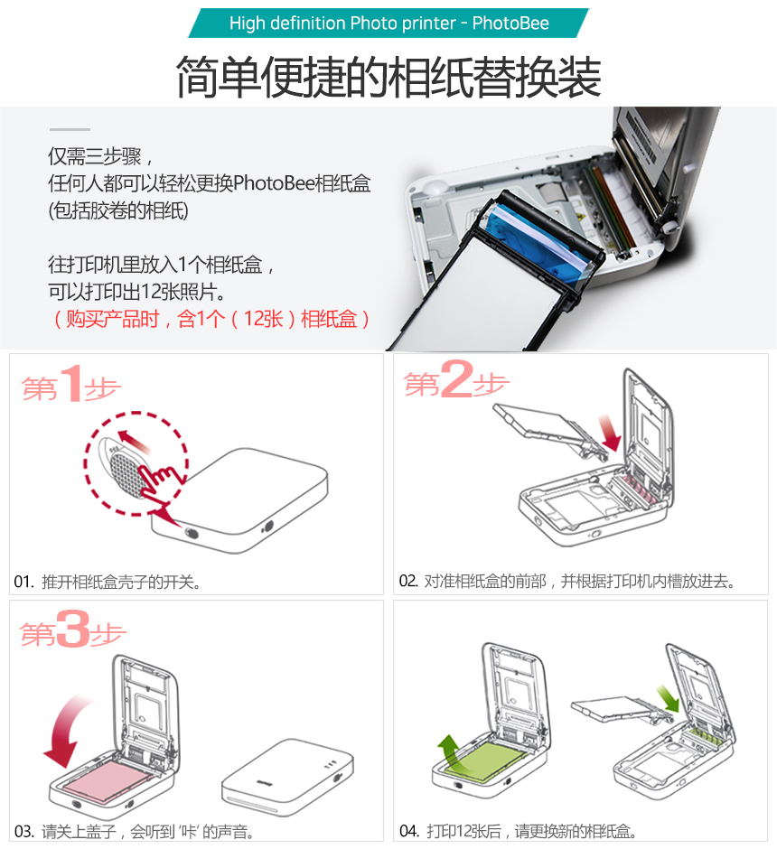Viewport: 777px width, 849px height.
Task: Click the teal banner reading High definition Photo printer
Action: (x=388, y=23)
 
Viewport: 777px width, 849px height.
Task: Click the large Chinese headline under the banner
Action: (x=388, y=77)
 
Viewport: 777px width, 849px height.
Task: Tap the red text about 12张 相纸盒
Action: (x=211, y=318)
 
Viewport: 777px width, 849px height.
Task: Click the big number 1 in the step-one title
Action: (x=71, y=383)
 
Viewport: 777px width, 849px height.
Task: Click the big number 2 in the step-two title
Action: (x=456, y=379)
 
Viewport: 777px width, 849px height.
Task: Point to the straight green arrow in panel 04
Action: (x=668, y=698)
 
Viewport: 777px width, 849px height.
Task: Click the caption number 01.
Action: (x=23, y=582)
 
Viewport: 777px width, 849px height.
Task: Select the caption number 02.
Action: (x=408, y=581)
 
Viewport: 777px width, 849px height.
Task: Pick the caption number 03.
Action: (x=24, y=831)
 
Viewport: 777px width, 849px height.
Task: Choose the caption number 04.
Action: (x=409, y=831)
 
